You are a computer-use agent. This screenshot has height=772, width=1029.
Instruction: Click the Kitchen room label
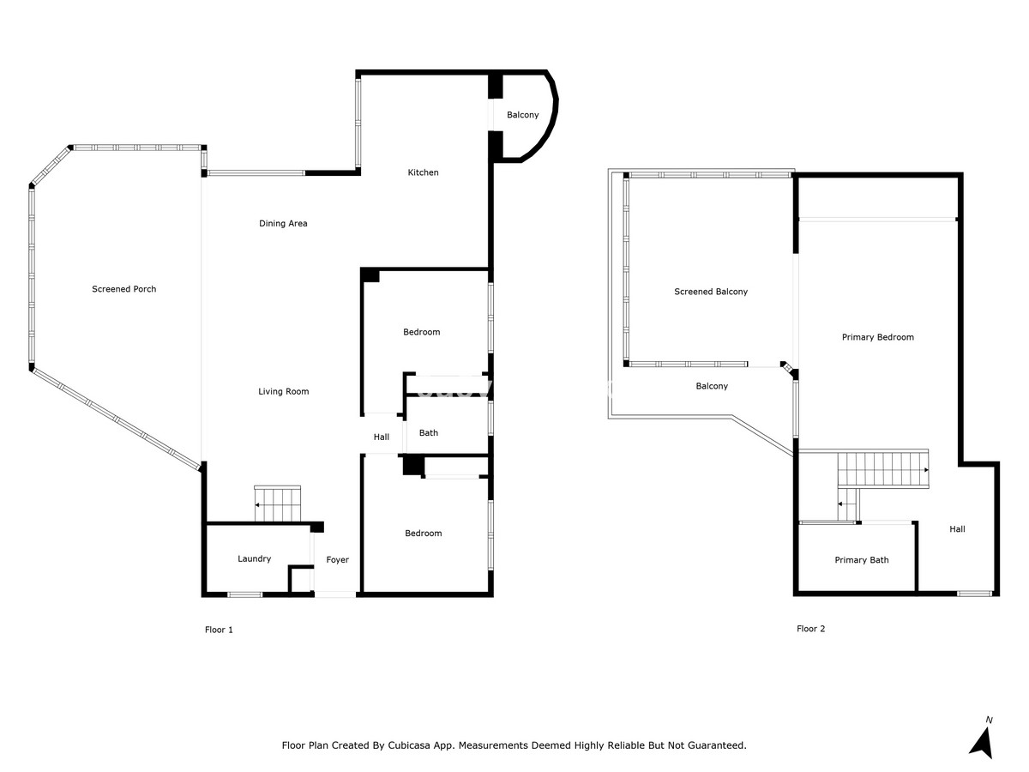[x=423, y=172]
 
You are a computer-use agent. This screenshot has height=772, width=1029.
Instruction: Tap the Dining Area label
[x=283, y=224]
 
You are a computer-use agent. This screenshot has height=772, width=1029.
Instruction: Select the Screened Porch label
[x=123, y=289]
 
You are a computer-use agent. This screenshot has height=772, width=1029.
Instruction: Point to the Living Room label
[x=284, y=391]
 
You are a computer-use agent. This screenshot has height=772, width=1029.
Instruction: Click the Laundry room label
[x=254, y=558]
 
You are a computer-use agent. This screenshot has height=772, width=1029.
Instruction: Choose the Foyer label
[x=338, y=559]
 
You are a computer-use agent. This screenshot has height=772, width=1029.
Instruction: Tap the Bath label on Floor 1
[x=429, y=432]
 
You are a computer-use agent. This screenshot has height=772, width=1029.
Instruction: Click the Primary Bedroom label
[x=877, y=337]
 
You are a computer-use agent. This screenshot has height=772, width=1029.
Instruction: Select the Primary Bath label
[x=862, y=559]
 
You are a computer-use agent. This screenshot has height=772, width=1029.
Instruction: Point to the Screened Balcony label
[x=711, y=292]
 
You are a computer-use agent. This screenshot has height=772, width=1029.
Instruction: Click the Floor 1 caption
[x=219, y=630]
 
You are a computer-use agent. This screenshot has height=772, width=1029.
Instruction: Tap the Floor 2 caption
[x=810, y=629]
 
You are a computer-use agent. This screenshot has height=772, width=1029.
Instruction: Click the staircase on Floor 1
[x=278, y=504]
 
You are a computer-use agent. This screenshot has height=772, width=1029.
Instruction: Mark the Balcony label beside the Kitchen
[x=523, y=115]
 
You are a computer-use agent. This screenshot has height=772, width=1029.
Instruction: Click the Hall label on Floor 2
[x=957, y=529]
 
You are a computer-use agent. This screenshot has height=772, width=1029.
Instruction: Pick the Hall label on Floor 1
[x=381, y=437]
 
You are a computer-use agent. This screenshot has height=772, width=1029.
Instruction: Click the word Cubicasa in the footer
[x=409, y=745]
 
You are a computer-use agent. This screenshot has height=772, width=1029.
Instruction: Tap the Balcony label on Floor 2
[x=712, y=386]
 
